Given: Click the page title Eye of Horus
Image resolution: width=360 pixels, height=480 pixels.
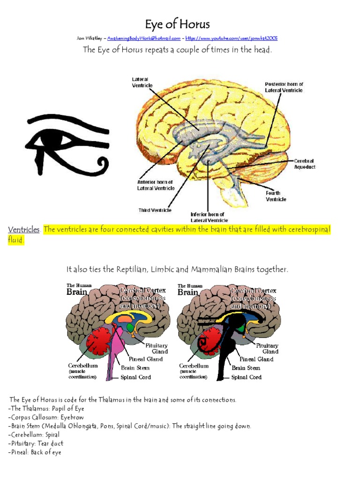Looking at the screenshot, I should [x=177, y=24].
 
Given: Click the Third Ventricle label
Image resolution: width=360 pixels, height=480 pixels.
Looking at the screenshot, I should [x=155, y=210].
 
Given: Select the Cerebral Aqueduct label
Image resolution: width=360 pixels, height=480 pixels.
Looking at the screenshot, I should [x=305, y=164].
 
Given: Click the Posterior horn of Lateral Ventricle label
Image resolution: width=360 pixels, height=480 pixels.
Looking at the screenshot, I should [x=284, y=87].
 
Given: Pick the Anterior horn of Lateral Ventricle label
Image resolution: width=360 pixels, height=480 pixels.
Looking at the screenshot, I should [x=156, y=185].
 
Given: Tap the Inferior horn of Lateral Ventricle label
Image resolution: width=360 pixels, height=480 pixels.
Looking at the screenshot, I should [x=209, y=217].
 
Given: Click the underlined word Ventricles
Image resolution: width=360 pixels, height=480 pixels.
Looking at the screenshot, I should [x=23, y=230].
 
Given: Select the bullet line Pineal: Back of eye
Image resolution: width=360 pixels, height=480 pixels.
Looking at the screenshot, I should [x=35, y=452].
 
